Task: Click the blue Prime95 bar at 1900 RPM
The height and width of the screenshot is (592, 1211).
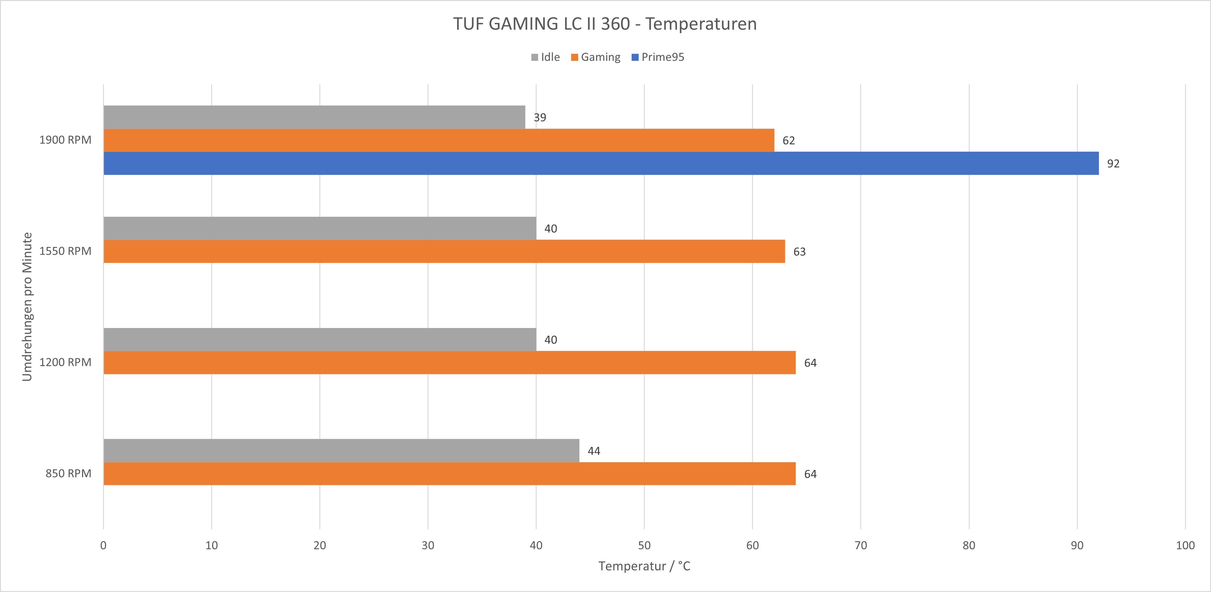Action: click(x=601, y=163)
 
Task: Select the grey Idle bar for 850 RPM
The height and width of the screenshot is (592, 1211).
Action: click(x=341, y=450)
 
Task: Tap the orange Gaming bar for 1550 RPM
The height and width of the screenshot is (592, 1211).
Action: click(x=444, y=251)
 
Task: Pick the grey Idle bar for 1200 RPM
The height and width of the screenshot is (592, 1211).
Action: click(x=320, y=339)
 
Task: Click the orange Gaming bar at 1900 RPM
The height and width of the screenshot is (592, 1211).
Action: click(x=439, y=140)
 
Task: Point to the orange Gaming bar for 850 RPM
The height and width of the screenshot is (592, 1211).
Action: click(x=450, y=473)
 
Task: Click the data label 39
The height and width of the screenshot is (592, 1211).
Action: click(x=540, y=118)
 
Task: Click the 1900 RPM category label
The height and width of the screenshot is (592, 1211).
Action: click(x=65, y=140)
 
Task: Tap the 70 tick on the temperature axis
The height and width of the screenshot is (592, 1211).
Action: click(x=860, y=546)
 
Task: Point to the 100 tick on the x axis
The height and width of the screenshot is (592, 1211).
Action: click(x=1185, y=546)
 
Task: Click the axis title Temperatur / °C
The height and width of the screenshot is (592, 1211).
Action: click(x=644, y=566)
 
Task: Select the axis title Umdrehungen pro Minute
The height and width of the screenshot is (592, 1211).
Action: click(x=27, y=307)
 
